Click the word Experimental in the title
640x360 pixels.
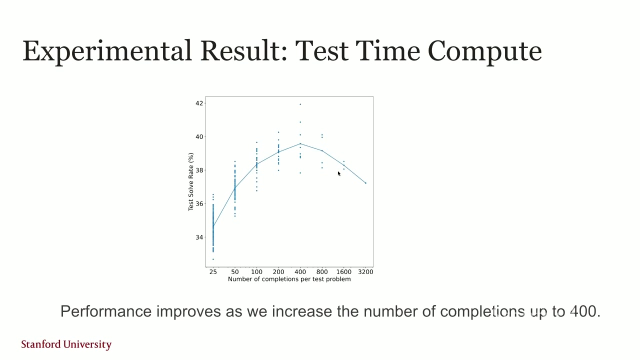pos(107,51)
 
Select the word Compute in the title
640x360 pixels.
pos(484,51)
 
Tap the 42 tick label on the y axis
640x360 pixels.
pos(199,103)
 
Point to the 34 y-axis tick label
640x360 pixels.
pos(199,237)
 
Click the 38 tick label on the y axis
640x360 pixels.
pos(199,170)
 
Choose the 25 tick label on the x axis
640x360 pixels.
pos(213,272)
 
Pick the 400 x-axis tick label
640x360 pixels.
pos(300,272)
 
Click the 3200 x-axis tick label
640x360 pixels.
pos(365,272)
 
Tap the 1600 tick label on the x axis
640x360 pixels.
pos(343,272)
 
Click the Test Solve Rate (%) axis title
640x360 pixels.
pos(191,181)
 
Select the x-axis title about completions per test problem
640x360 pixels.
pos(289,279)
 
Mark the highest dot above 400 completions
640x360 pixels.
pos(300,104)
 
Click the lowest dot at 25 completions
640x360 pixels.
pos(213,259)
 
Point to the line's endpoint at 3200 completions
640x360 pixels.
pos(365,183)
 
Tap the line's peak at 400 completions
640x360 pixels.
pos(300,143)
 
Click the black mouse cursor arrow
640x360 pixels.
pos(339,173)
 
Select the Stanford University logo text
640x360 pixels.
pos(66,344)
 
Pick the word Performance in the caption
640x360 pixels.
pos(106,311)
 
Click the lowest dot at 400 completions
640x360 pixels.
pos(300,173)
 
